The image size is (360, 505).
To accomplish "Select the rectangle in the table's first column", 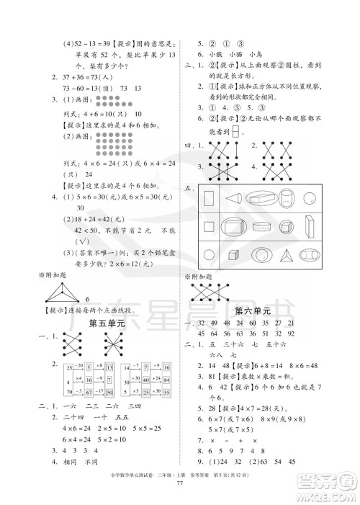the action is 209,198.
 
